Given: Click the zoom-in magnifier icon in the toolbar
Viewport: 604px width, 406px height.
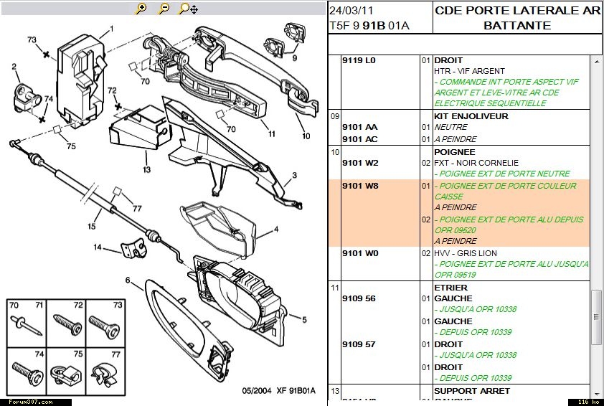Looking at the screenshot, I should point(141,9).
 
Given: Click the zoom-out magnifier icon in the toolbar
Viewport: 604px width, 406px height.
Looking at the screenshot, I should point(164,9).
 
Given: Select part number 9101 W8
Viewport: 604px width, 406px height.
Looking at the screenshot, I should point(360,186).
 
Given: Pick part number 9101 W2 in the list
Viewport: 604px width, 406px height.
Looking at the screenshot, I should point(360,163).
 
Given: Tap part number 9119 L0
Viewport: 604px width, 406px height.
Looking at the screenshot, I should point(359,60).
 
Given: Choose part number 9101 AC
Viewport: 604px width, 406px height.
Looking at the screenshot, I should point(360,139).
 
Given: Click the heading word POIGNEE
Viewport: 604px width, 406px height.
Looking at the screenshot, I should point(455,152).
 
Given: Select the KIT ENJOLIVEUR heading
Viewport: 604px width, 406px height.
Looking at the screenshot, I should point(471,116).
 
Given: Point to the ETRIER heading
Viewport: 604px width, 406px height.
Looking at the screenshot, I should point(450,288).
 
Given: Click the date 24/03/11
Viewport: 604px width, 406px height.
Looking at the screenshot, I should point(350,11).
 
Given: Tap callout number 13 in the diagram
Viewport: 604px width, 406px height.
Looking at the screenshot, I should point(146,170).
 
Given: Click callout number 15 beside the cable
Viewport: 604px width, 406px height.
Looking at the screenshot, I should point(92,227).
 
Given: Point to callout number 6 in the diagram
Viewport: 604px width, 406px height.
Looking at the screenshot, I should point(128,280).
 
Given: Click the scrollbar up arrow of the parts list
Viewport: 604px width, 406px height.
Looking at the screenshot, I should point(596,62).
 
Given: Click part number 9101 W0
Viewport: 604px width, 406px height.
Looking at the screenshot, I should point(360,253).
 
